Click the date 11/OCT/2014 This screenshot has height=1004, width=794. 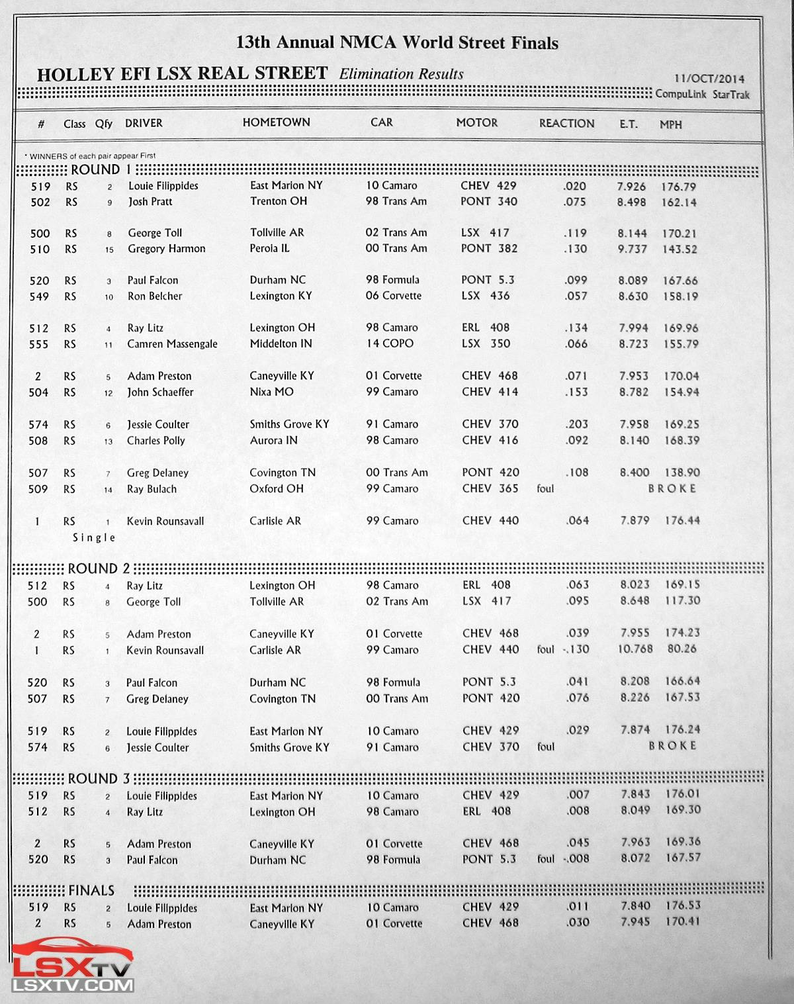[x=709, y=79]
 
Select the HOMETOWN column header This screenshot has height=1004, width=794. [x=276, y=122]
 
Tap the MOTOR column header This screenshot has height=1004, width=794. [x=476, y=122]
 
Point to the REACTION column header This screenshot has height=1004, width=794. [x=566, y=123]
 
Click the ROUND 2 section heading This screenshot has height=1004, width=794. [x=99, y=569]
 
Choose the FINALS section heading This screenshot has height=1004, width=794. [x=91, y=891]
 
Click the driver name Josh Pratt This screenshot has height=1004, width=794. [x=150, y=201]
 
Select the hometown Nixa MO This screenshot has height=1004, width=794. [x=271, y=392]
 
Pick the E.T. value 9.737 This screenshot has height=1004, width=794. [x=632, y=249]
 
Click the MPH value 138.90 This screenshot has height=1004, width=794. [x=682, y=473]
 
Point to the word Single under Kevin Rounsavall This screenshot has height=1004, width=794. [x=94, y=537]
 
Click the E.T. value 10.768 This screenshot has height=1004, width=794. [x=635, y=649]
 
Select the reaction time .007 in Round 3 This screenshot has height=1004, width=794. [x=578, y=794]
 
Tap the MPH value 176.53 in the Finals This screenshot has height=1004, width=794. [x=682, y=905]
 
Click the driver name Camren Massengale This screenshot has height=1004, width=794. [x=172, y=344]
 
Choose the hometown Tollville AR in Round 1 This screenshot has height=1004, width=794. [x=277, y=232]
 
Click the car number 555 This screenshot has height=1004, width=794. [x=38, y=344]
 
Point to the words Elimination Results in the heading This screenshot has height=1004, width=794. [x=401, y=74]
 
